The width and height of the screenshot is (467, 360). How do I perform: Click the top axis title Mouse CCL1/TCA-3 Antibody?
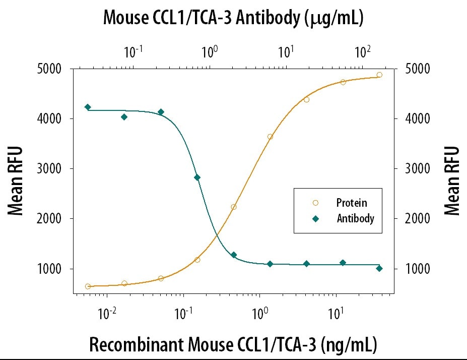[x=233, y=18]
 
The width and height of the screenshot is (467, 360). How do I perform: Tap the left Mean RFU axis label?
[x=16, y=181]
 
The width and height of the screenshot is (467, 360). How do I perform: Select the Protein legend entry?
[x=352, y=203]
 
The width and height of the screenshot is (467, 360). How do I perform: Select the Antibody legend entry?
[x=355, y=219]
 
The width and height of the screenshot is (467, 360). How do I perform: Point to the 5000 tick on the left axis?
[x=50, y=69]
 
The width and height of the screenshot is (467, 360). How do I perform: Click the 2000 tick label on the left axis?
[x=50, y=219]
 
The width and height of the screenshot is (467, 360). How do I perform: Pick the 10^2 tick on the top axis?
[x=362, y=51]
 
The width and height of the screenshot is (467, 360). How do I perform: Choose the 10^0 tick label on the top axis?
[x=209, y=51]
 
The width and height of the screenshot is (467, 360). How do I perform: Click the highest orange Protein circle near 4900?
[x=379, y=75]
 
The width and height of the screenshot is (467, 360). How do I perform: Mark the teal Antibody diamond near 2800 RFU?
[x=197, y=177]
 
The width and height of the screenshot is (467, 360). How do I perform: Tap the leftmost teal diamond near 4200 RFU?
[x=88, y=107]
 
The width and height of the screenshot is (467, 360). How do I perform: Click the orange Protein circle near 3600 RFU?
[x=270, y=137]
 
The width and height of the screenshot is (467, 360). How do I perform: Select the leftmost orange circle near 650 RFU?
[x=88, y=286]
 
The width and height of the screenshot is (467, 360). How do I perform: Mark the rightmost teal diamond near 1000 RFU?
[x=379, y=268]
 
